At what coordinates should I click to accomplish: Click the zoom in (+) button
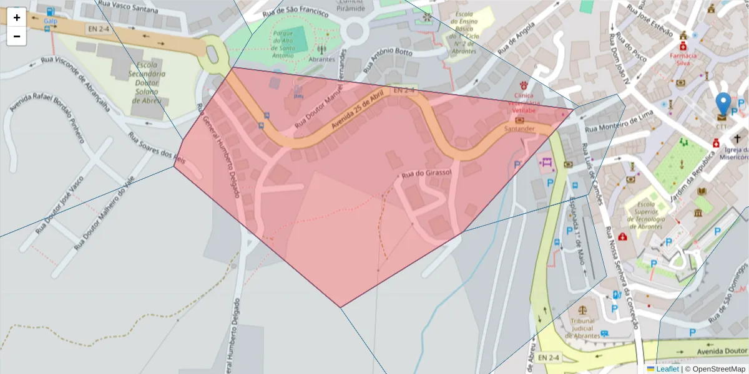pos(16,17)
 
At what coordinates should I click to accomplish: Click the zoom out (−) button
pos(16,36)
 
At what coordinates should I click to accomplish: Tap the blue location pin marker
pos(723,105)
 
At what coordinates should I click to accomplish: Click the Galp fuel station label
pos(50,21)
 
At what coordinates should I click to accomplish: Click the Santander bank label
pos(520,128)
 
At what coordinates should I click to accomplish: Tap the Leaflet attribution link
pos(667,369)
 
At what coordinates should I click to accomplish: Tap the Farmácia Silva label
pos(683,59)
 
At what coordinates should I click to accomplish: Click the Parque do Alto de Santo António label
pos(288,42)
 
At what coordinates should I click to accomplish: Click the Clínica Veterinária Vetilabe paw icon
pos(524,85)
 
